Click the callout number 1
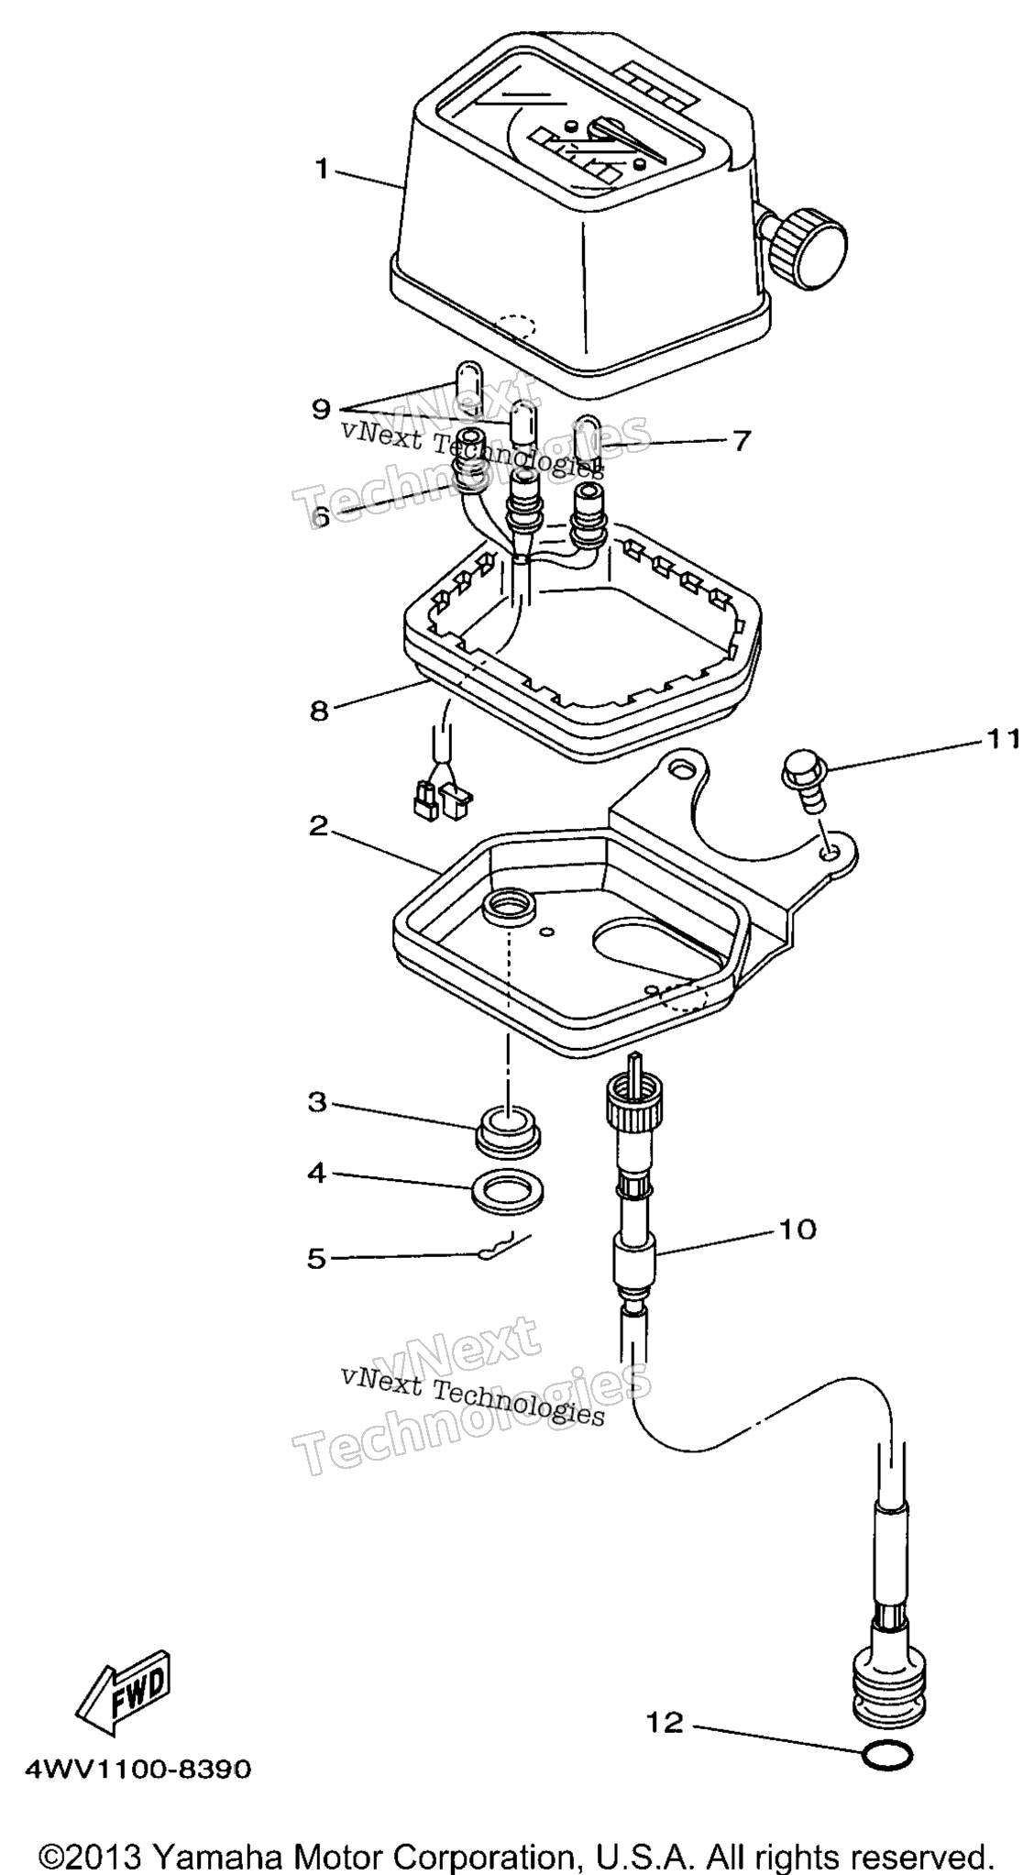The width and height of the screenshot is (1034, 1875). [321, 169]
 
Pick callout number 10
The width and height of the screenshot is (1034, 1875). [797, 1228]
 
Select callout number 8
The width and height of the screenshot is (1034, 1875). [319, 710]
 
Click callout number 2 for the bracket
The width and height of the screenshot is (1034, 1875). [318, 826]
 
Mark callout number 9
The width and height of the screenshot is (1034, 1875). [320, 408]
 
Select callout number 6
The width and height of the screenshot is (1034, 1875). [320, 517]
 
